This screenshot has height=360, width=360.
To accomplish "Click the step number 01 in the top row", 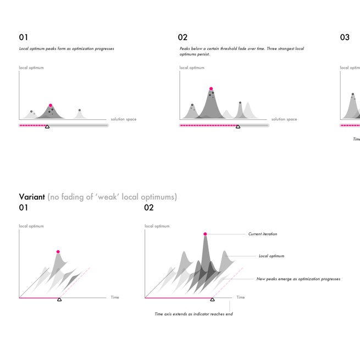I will tap(23, 37).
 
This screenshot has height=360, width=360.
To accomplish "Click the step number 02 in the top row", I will tap(182, 37).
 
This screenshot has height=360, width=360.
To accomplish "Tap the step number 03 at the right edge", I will tap(345, 37).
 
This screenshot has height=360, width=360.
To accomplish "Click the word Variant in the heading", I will tap(32, 197).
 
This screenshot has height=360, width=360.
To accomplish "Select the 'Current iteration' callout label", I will tap(262, 234).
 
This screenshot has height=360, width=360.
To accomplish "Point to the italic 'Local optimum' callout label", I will tap(271, 256).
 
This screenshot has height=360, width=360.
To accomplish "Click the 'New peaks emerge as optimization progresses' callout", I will tap(298, 279).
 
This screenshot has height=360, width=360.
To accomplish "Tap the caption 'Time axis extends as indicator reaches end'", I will tap(193, 314).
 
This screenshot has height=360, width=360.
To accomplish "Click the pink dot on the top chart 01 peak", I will tap(51, 106).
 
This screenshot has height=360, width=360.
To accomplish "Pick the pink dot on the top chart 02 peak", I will tap(211, 88).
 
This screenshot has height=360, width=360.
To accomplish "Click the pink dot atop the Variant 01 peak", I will tap(58, 252).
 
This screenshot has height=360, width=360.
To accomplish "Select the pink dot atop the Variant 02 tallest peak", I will tap(205, 234).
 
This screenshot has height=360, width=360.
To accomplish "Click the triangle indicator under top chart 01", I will tap(47, 127).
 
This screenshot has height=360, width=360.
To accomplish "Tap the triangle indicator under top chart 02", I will tap(238, 127).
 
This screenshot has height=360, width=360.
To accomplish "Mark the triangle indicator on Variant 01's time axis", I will tap(59, 300).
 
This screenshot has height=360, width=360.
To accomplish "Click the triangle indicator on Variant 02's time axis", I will tap(212, 300).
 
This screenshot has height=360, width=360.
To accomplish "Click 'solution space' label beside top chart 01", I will tap(123, 119).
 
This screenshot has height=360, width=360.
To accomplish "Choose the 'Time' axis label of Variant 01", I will tap(115, 297).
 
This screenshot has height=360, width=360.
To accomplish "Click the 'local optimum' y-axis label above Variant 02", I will tap(157, 226).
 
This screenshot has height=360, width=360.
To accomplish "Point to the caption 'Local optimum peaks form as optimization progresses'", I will tap(67, 49).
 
